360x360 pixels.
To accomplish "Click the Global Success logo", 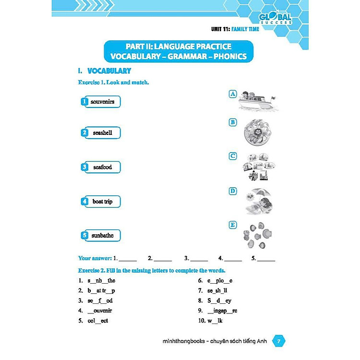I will coord(275,18).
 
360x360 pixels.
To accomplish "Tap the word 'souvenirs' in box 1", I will coord(102,102).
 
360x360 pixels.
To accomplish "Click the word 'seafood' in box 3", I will coord(102,167).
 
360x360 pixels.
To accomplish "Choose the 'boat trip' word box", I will coord(102,202).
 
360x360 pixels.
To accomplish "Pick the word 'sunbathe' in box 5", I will coord(102,236).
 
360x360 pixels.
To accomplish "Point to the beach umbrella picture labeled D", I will coord(258,201).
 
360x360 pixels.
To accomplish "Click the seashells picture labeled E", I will coord(258,235).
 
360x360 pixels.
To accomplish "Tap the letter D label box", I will coord(233,191).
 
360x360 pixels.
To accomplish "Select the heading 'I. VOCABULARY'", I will coord(104,71).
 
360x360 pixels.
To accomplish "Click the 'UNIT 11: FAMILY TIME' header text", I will coord(235,29).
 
